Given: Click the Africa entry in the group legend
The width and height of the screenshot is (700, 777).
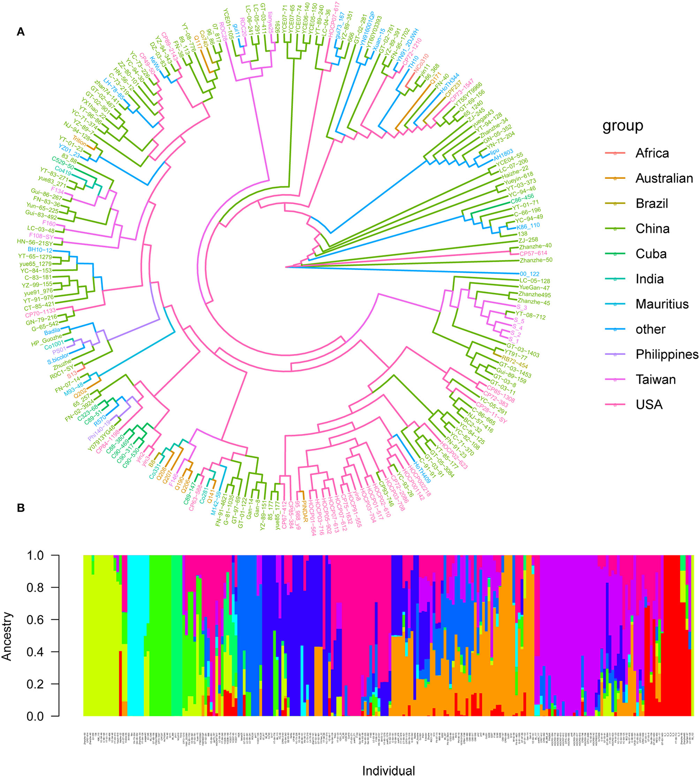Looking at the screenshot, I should point(652,153).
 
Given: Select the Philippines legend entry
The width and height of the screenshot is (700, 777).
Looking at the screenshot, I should point(666,354).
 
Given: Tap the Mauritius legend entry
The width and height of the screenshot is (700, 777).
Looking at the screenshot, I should point(662,304).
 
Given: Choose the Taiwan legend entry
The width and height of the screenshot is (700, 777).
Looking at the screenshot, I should point(655,379).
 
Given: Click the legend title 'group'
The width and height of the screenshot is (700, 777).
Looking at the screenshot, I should point(623,126).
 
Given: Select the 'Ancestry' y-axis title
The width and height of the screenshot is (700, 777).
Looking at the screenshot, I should point(7,636).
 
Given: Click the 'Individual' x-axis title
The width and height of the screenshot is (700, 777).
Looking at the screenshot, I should point(389,771).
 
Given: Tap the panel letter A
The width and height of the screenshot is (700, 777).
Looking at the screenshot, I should point(21,32).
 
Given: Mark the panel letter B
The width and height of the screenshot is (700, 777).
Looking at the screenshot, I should point(21,508).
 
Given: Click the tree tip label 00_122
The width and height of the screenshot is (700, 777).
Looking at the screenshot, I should point(529,274).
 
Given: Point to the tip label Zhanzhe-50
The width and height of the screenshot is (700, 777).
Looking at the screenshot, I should point(536,260).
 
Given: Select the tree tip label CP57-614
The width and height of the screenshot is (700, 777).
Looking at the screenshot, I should point(533,253).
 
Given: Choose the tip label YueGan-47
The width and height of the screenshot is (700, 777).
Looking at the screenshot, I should point(534,288).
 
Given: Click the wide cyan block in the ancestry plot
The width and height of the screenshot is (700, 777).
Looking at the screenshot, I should point(138,636).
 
